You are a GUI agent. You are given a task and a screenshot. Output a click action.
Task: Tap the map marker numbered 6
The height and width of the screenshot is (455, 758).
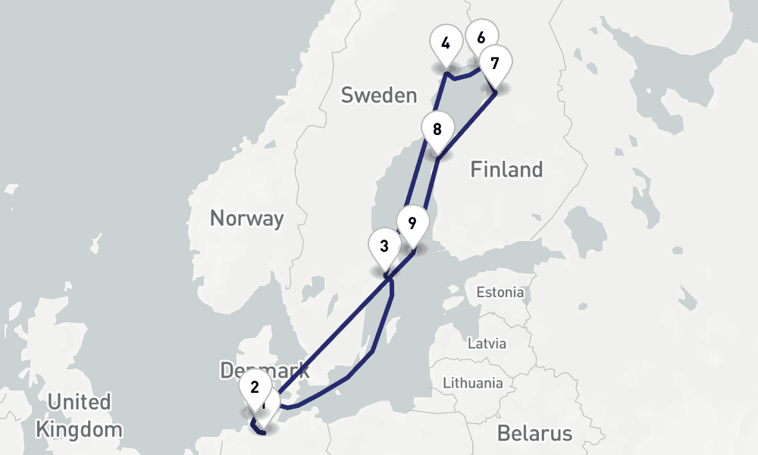[x=481, y=35]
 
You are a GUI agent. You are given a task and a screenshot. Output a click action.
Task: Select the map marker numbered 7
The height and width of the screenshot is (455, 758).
[x=495, y=64]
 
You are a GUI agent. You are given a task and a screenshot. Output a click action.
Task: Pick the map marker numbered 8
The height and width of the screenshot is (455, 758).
[x=437, y=130]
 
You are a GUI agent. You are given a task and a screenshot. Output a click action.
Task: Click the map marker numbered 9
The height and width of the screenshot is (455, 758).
[x=412, y=224]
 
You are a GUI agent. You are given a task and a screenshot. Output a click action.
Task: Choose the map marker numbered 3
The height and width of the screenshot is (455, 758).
[x=384, y=246]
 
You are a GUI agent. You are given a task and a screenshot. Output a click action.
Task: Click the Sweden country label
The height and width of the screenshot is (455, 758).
[x=379, y=96]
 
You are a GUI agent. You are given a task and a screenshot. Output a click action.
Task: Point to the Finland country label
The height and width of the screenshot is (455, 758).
[x=506, y=169]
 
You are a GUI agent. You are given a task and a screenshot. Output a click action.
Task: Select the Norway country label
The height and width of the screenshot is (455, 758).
[x=246, y=219]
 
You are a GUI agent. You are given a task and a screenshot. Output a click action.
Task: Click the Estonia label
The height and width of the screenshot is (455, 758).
[x=500, y=292]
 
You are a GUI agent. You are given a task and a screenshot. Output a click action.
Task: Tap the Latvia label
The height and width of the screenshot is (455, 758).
[x=486, y=343]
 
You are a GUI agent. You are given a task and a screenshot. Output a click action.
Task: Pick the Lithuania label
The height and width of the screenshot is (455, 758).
[x=472, y=382]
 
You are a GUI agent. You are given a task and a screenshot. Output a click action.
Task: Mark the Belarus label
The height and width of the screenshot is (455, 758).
[x=534, y=434]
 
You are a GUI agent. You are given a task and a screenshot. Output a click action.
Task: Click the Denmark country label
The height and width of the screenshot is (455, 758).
[x=265, y=371]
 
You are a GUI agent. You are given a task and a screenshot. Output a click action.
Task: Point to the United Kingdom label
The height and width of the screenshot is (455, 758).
[x=78, y=415]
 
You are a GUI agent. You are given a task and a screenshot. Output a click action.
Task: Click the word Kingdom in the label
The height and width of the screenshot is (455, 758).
[x=78, y=429]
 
